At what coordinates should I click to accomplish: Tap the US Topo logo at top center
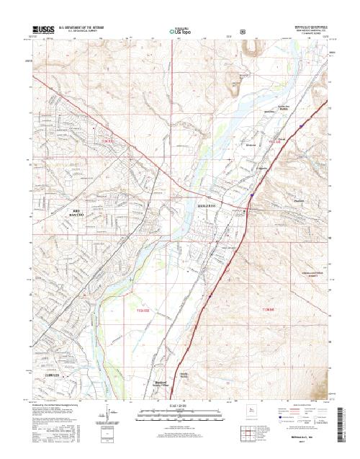point(180,31)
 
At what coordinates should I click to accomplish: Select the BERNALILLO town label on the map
point(207,205)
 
